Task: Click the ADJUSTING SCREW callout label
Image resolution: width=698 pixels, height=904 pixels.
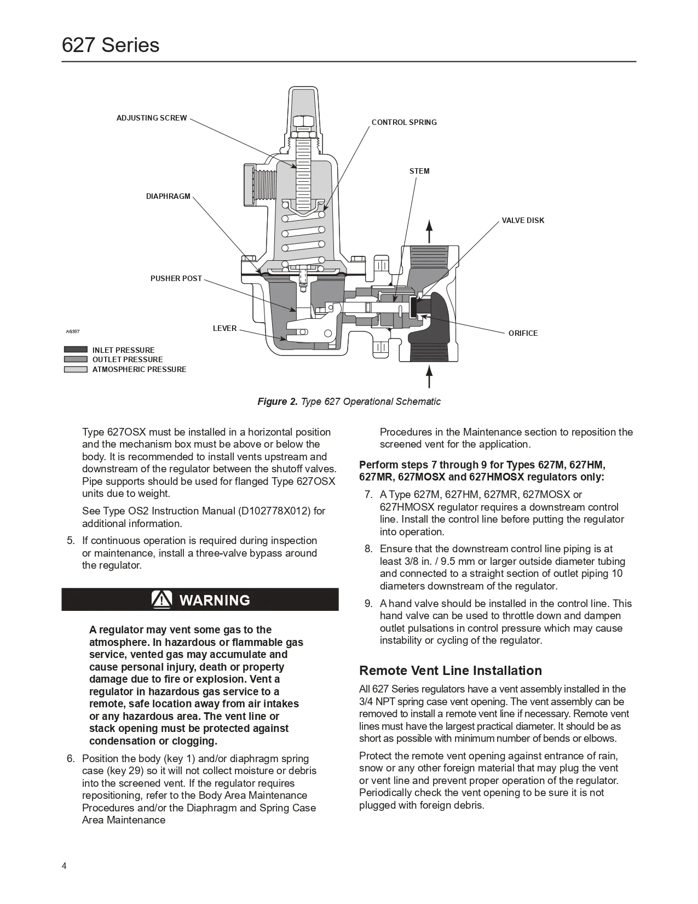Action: click(x=151, y=118)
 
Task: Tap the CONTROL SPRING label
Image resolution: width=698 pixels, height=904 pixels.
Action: click(x=404, y=122)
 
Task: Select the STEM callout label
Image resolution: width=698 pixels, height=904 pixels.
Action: click(x=419, y=171)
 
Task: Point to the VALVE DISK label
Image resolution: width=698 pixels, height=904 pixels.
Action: click(x=523, y=220)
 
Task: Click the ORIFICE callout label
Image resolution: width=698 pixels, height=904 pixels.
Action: click(x=523, y=333)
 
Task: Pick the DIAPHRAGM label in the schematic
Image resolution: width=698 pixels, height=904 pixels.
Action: click(x=168, y=196)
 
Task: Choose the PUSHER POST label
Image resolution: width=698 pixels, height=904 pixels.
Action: click(x=176, y=278)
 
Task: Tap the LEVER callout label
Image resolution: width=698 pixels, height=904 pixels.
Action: click(x=224, y=328)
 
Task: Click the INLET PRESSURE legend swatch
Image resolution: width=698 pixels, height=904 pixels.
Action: click(x=76, y=350)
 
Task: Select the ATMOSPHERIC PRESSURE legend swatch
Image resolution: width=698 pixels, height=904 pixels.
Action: click(x=76, y=369)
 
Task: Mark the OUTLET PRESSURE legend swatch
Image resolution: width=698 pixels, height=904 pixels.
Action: click(x=76, y=359)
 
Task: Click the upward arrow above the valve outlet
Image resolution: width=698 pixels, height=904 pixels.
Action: click(x=430, y=230)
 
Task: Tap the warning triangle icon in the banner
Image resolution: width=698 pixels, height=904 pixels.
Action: click(x=163, y=600)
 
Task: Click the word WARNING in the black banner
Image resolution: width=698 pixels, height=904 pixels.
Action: click(x=215, y=600)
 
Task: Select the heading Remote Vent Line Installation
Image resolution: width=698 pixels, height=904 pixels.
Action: click(x=450, y=671)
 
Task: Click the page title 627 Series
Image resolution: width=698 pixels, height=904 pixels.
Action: click(x=111, y=45)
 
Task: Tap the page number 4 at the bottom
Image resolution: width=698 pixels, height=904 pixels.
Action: click(x=65, y=866)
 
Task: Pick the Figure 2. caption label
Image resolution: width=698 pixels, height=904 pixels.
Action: click(x=278, y=402)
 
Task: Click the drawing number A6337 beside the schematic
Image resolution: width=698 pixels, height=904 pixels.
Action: click(x=73, y=331)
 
